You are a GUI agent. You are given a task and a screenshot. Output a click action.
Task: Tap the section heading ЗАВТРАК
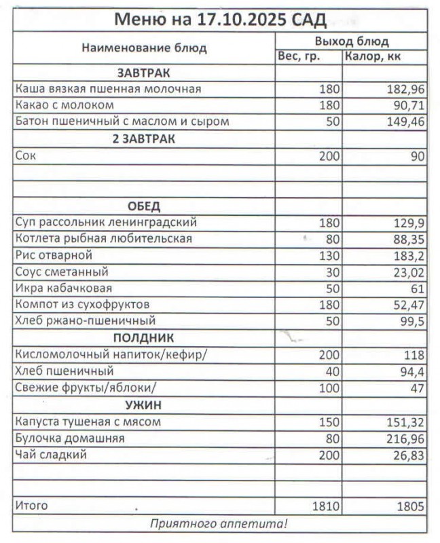(143, 73)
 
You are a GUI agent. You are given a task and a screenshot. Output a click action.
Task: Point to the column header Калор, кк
(373, 57)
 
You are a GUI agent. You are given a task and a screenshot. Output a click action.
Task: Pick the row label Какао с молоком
(65, 106)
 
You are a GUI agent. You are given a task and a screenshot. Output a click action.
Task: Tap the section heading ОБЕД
(143, 206)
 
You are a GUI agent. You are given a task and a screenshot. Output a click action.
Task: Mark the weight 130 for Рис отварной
(329, 256)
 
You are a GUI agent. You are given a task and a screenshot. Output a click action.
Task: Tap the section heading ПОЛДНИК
(143, 338)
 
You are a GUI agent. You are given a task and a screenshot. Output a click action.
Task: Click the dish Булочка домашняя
(71, 438)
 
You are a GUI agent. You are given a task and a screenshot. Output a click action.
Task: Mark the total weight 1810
(325, 506)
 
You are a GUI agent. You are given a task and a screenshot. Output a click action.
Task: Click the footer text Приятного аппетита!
(219, 523)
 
